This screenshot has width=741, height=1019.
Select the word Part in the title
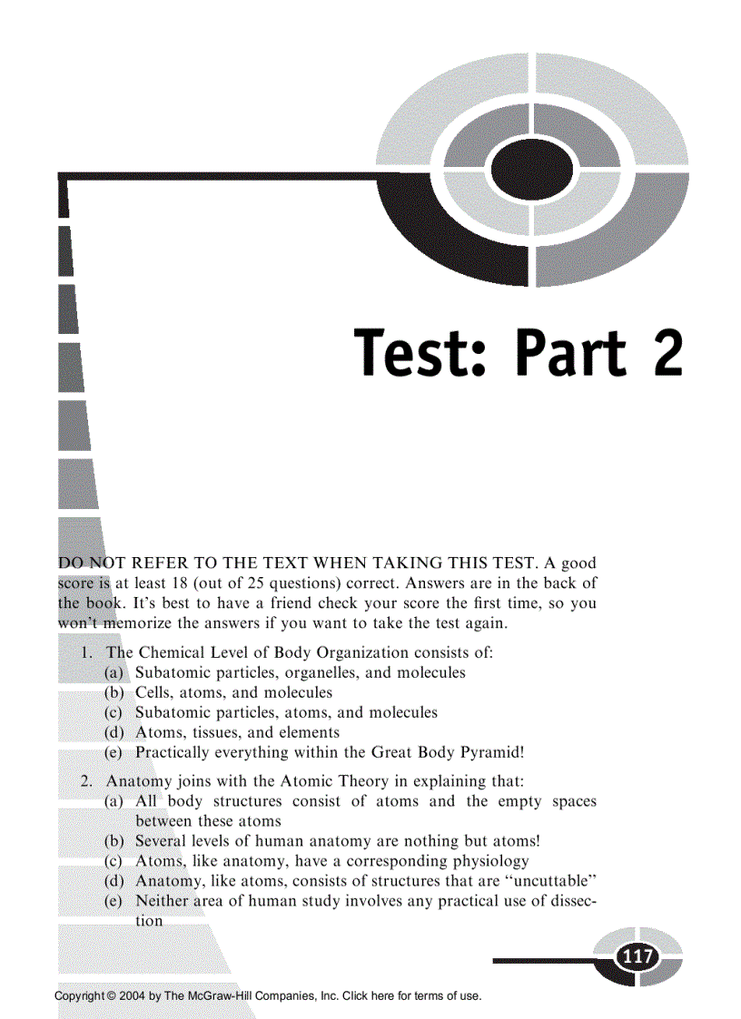pyautogui.click(x=568, y=353)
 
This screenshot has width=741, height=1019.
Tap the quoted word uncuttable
pyautogui.click(x=543, y=881)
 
